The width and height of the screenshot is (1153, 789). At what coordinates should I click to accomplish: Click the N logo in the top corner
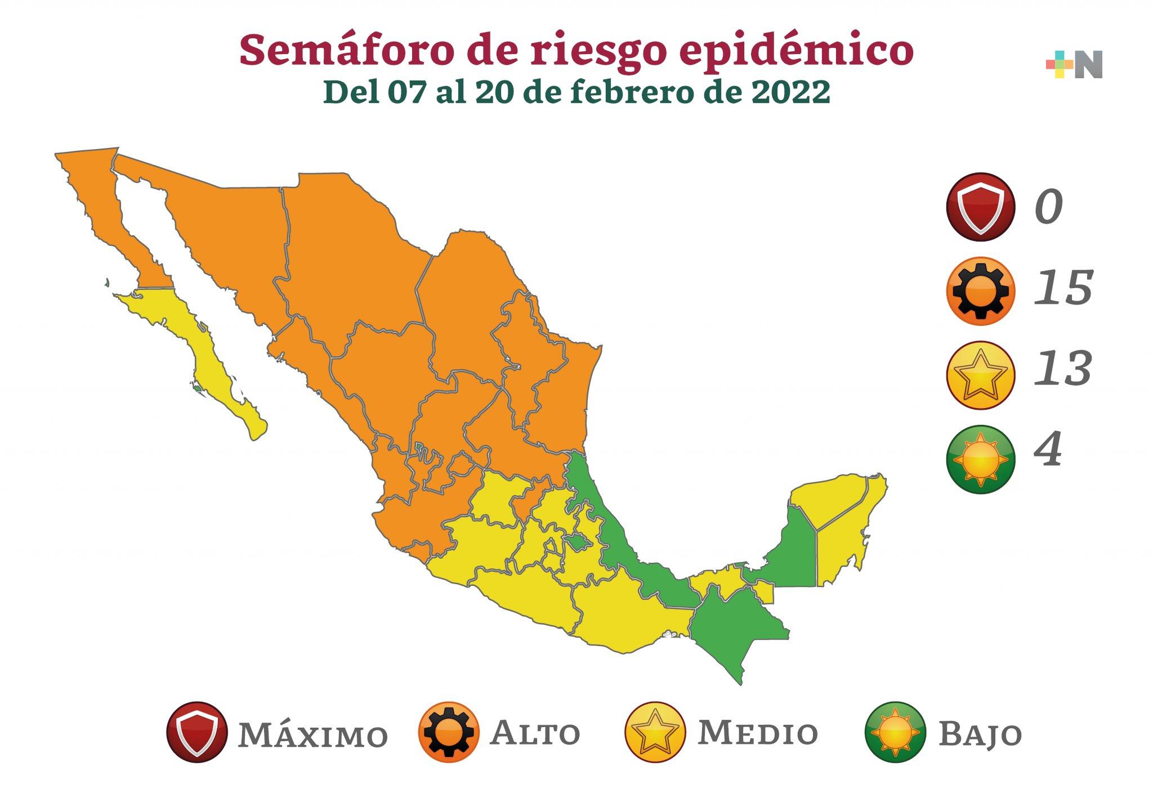(x=1074, y=65)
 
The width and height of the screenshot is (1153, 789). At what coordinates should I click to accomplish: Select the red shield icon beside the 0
(x=980, y=207)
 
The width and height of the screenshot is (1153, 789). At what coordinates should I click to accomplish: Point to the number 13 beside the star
(x=1063, y=369)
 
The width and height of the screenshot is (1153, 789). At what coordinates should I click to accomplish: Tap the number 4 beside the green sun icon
(x=1048, y=450)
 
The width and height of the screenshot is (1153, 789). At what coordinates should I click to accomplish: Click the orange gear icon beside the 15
(x=980, y=291)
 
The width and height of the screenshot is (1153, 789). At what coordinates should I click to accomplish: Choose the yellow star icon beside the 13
(x=980, y=375)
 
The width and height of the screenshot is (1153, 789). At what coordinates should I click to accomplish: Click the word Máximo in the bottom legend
(x=313, y=734)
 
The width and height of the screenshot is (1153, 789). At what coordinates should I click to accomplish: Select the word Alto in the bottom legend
(x=535, y=733)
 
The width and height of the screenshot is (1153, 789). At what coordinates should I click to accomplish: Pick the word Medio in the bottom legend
(x=758, y=733)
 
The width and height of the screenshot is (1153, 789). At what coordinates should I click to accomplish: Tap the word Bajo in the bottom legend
(x=980, y=734)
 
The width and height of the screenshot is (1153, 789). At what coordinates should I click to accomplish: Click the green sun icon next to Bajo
(x=895, y=732)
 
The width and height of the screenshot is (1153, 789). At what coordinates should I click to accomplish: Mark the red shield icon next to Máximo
(x=197, y=732)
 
